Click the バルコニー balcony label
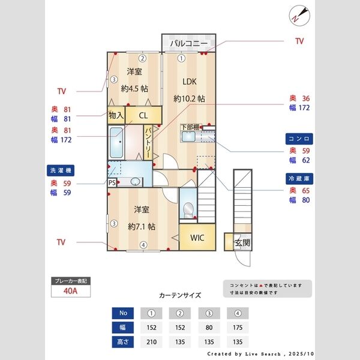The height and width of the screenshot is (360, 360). pyautogui.click(x=188, y=44)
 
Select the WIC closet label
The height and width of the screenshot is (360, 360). pyautogui.click(x=197, y=238)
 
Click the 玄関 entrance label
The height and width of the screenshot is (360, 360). pyautogui.click(x=242, y=242)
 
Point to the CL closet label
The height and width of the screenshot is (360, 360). pyautogui.click(x=144, y=115)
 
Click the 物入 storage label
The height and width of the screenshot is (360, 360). pyautogui.click(x=116, y=115)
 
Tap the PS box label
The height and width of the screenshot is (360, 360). pyautogui.click(x=112, y=182)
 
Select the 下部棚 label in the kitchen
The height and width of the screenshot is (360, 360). pyautogui.click(x=191, y=127)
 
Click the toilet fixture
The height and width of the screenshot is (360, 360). pyautogui.click(x=188, y=209)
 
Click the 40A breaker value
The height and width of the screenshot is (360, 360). pyautogui.click(x=71, y=292)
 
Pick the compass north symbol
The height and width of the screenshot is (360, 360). pyautogui.click(x=300, y=14)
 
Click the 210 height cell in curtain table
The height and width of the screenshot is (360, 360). pyautogui.click(x=151, y=342)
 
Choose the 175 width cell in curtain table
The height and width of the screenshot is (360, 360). pyautogui.click(x=238, y=328)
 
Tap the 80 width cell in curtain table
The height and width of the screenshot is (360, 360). pyautogui.click(x=209, y=328)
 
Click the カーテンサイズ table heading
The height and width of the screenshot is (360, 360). pyautogui.click(x=180, y=295)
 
